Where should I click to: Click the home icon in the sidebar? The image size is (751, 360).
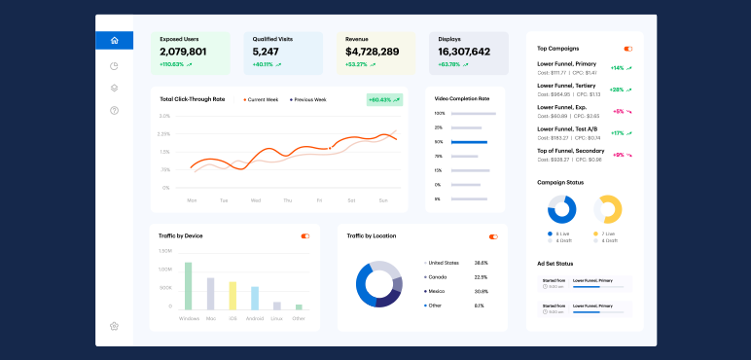coord(115,41)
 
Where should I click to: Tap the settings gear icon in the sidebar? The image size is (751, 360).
coord(115,326)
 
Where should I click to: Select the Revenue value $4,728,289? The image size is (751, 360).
coord(372,52)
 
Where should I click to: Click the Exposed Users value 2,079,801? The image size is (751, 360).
coord(183,52)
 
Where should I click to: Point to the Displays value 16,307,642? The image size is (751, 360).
coord(464,52)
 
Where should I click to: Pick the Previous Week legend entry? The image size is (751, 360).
coord(309,99)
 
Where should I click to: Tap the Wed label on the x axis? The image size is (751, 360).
coord(256,200)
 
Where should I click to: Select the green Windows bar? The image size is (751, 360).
coord(188,286)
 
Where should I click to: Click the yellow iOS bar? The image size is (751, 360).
coord(232,296)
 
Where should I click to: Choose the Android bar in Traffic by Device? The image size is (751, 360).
coord(255,298)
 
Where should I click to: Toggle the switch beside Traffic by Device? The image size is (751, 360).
coord(305,235)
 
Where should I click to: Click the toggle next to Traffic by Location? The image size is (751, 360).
coord(493,236)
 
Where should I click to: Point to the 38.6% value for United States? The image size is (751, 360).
coord(481,263)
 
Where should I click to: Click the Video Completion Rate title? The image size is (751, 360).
coord(462,98)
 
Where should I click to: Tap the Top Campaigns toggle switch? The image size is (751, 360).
coord(628,48)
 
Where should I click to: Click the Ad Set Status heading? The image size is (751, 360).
coord(555,264)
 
